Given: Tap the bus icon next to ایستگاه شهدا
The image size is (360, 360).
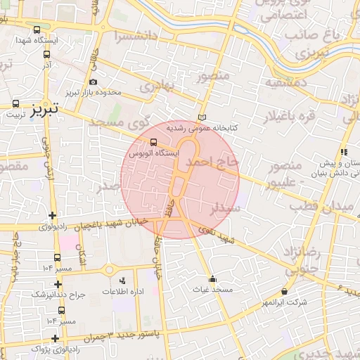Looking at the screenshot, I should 37,30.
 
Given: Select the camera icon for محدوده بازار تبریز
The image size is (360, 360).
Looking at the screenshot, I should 94,82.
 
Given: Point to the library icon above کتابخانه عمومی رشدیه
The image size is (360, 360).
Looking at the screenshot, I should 202,117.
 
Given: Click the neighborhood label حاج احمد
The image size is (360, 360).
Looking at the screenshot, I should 213,163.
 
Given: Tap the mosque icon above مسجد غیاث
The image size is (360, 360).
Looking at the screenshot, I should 213,276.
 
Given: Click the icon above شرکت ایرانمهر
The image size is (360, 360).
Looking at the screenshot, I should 284,291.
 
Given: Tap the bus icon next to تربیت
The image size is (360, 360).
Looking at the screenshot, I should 15,103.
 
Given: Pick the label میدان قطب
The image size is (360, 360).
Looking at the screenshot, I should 330,206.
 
